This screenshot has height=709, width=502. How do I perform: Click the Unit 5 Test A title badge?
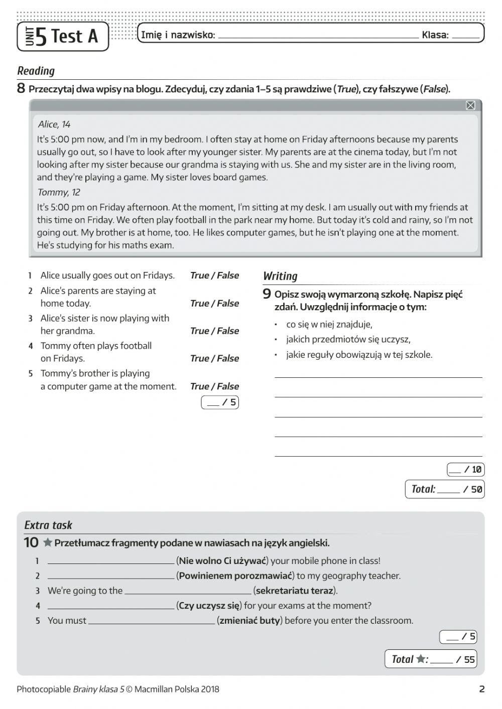[63, 36]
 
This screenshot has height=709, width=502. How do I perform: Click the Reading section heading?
[36, 71]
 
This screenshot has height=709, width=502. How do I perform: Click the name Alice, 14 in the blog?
[54, 124]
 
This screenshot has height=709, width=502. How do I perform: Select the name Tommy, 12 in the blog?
[59, 192]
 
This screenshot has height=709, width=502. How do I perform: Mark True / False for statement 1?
[214, 275]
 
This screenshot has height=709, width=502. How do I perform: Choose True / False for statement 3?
[214, 331]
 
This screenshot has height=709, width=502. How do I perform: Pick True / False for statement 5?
[214, 386]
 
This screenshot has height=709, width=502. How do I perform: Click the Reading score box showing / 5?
[220, 402]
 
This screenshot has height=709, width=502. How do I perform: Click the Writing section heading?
[280, 276]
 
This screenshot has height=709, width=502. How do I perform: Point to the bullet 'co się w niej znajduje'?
[329, 324]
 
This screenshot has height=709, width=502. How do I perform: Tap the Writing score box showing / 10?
[465, 470]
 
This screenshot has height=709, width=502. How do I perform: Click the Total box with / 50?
[445, 489]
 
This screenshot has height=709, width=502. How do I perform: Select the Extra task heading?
[48, 525]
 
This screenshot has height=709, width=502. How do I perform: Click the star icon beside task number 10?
[48, 542]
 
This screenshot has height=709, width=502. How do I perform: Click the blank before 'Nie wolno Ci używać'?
[111, 561]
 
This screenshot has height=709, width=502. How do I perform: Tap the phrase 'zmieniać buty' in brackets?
[249, 621]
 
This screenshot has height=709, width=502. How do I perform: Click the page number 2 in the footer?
[481, 689]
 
